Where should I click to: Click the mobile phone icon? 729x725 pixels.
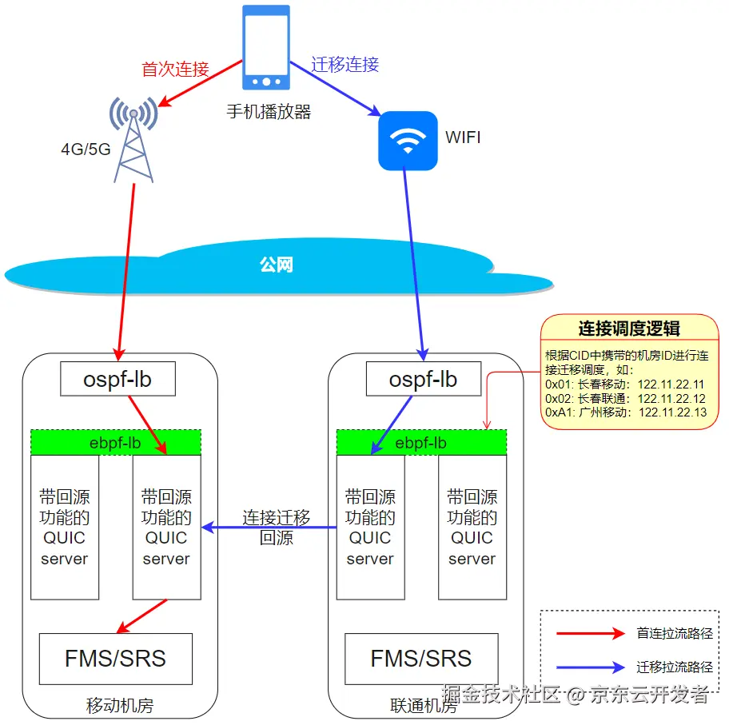[x=266, y=47]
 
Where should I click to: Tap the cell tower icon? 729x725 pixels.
[x=133, y=140]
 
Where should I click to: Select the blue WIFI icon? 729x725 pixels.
[x=408, y=141]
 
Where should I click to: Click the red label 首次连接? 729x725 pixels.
[x=175, y=70]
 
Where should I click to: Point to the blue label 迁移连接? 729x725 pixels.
[x=345, y=64]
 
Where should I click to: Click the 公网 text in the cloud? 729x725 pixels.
[x=276, y=265]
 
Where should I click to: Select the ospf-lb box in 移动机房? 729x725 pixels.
[x=118, y=379]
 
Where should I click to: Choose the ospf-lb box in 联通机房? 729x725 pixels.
[x=424, y=379]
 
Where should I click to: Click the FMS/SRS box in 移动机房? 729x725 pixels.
[x=116, y=659]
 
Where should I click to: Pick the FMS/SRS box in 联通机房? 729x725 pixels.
[x=421, y=659]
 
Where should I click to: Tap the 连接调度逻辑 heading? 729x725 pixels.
[x=629, y=329]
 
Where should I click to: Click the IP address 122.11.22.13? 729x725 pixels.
[x=672, y=412]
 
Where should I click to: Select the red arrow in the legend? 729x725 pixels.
[x=591, y=633]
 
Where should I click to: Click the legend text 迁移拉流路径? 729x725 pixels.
[x=675, y=667]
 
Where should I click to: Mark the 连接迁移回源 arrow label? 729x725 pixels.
[x=276, y=528]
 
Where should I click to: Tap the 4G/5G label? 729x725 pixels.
[x=86, y=149]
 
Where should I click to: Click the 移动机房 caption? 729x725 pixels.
[x=120, y=706]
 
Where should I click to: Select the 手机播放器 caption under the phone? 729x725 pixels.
[x=269, y=112]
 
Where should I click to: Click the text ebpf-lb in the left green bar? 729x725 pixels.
[x=115, y=443]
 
